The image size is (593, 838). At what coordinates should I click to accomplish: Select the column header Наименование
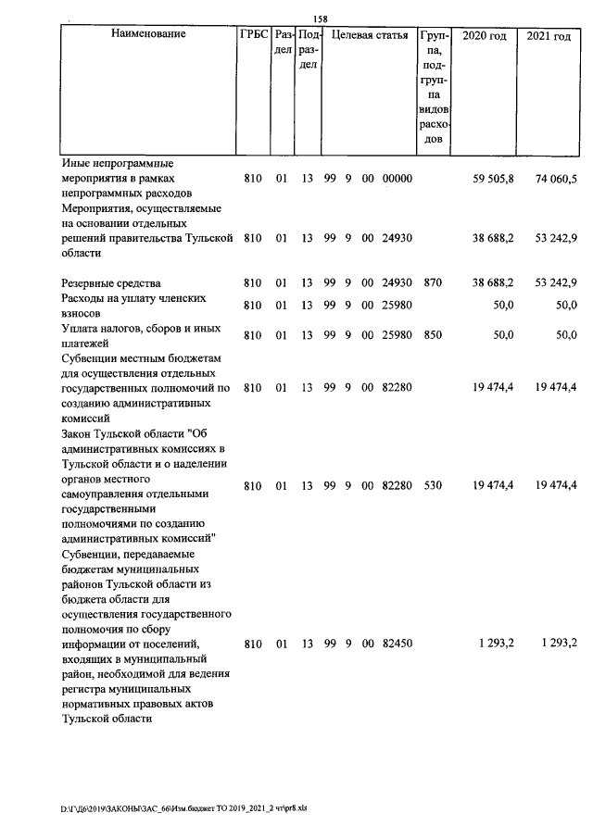(147, 35)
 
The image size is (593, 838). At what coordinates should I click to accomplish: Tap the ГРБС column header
(254, 35)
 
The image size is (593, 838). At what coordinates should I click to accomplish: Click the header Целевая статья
(369, 35)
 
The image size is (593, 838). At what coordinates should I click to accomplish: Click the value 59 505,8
(493, 179)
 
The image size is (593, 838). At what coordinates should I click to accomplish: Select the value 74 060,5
(556, 179)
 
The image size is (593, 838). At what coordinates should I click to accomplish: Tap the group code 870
(432, 282)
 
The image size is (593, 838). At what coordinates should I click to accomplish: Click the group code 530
(432, 484)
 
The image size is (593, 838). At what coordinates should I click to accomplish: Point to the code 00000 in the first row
(397, 179)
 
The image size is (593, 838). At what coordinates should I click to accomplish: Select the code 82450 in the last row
(397, 643)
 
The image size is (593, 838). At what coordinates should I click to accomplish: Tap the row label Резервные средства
(110, 282)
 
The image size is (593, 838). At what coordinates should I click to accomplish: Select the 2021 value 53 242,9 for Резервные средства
(556, 282)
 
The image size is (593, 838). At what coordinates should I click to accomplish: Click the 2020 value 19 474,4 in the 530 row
(493, 484)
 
